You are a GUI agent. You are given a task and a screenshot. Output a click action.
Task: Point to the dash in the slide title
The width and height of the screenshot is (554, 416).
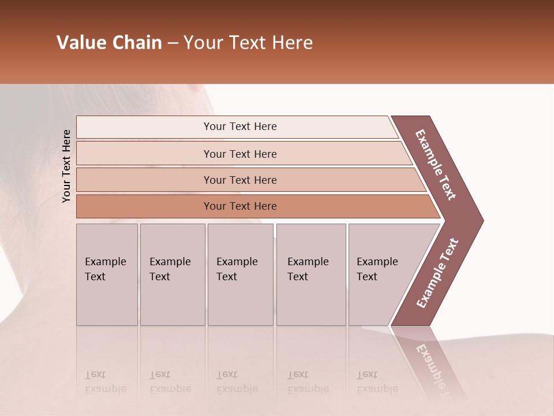[173, 43]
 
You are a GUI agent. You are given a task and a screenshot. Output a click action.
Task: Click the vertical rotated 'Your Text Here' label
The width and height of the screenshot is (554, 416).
[66, 166]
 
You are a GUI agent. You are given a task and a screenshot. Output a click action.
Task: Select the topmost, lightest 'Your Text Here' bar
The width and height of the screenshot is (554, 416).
[239, 127]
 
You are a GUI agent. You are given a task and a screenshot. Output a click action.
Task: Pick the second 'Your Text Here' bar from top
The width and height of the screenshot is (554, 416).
[239, 154]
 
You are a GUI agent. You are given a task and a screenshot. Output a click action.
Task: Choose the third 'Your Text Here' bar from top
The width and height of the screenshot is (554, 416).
[239, 180]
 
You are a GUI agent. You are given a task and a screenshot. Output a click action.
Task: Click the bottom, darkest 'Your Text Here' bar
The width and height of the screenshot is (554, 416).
[239, 206]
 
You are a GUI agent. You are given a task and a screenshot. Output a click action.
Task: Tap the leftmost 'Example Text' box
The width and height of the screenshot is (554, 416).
[107, 274]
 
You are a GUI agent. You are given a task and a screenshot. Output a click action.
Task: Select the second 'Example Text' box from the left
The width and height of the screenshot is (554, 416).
[172, 274]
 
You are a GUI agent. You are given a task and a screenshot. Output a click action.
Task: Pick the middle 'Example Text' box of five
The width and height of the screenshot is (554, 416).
[240, 274]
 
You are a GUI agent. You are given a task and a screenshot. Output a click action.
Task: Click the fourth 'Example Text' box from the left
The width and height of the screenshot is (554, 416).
[310, 274]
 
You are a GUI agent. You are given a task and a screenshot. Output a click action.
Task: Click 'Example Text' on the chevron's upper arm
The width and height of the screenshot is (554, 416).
[436, 165]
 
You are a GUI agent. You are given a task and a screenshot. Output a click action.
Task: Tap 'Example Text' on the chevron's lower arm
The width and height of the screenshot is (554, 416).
[437, 273]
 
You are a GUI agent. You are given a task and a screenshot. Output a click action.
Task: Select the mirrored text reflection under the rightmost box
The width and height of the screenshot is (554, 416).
[376, 382]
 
